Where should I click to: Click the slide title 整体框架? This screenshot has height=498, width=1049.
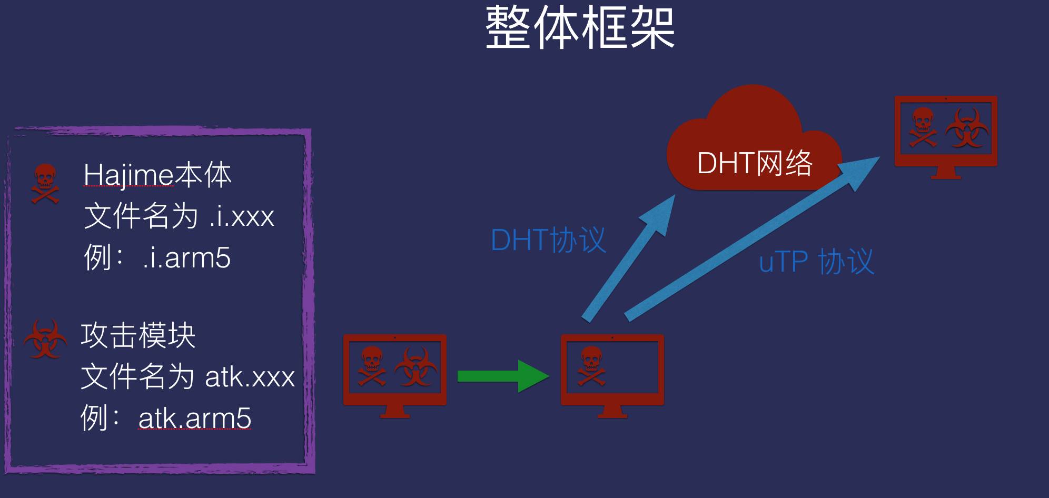tap(580, 28)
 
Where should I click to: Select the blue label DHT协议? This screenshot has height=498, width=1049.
tap(548, 240)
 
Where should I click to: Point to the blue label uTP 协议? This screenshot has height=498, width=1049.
tap(816, 262)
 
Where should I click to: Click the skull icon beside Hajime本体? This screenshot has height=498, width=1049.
tap(45, 183)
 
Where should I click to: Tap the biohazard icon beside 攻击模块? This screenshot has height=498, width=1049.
tap(45, 340)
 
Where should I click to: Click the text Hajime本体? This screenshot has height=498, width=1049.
tap(157, 175)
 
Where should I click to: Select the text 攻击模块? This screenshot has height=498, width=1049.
tap(138, 335)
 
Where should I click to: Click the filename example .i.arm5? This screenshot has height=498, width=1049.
tap(186, 257)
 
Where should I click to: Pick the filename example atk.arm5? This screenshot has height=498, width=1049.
tap(194, 419)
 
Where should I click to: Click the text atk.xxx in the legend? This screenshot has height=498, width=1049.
tap(250, 377)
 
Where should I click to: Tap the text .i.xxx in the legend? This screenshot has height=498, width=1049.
tap(242, 216)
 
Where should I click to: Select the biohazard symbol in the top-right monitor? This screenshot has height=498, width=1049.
tap(967, 128)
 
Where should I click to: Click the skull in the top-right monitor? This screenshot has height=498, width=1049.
tap(923, 127)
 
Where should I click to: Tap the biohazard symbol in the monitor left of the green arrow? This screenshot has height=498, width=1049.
tap(415, 366)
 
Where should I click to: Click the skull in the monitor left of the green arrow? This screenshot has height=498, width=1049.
tap(372, 366)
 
